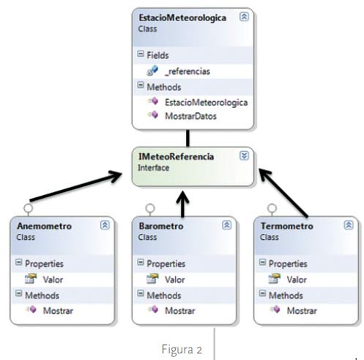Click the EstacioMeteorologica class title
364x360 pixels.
(x=182, y=18)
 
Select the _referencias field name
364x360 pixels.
(x=187, y=71)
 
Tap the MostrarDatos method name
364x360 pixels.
(x=190, y=116)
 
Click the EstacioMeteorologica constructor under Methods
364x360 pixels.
(x=207, y=103)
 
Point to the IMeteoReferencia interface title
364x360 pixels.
(x=176, y=156)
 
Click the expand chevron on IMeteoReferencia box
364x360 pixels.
(x=244, y=155)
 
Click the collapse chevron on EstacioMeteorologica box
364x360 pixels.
(x=244, y=17)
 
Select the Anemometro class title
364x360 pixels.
(x=44, y=226)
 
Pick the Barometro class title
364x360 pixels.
(x=161, y=226)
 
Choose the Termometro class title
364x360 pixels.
(x=287, y=226)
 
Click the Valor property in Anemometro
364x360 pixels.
(x=53, y=279)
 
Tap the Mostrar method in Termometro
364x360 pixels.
(x=302, y=311)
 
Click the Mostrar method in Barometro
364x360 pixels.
(x=180, y=311)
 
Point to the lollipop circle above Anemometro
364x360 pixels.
(x=29, y=208)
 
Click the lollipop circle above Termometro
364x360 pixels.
(x=272, y=208)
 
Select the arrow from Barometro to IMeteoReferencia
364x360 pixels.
(x=182, y=205)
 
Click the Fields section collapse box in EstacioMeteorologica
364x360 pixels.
(x=141, y=54)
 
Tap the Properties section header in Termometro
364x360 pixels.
(x=288, y=264)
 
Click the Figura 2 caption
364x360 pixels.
(x=182, y=349)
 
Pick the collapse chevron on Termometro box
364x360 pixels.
(x=349, y=225)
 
